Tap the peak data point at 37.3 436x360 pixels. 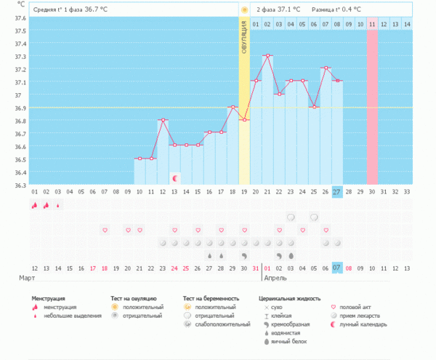point(267,55)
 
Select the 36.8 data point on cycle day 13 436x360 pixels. point(163,120)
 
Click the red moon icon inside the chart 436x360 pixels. point(174,177)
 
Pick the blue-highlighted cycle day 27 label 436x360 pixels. point(337,192)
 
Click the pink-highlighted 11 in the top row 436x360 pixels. point(372,24)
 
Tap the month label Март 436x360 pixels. point(27,279)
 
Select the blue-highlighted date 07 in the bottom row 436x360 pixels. point(337,268)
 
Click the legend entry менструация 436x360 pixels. point(62,308)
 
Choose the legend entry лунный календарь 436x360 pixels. point(367,324)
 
